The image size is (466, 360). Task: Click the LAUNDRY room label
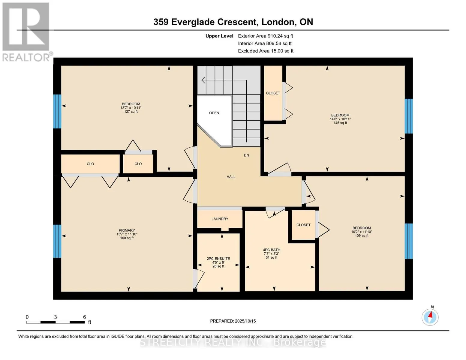pos(220,219)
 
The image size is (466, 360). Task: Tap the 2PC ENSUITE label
pos(218,259)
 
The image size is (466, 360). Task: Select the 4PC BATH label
pos(272,250)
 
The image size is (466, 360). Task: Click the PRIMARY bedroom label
pos(127,230)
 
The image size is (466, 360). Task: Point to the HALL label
pos(231,177)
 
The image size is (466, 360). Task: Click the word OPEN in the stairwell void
pos(214,113)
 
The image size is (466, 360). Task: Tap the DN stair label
pos(246,155)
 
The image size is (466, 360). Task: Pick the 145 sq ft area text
pos(340,123)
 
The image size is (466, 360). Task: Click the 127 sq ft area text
pos(131,112)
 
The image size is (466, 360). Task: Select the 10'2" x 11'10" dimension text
pos(362,232)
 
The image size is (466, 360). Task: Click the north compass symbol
pos(430,317)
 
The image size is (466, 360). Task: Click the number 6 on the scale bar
pos(85,317)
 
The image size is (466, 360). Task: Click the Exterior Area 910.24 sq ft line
pos(266,36)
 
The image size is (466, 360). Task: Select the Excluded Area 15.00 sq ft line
pos(266,51)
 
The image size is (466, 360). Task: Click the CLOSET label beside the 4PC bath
pos(303,225)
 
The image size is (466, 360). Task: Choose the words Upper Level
pos(219,36)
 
